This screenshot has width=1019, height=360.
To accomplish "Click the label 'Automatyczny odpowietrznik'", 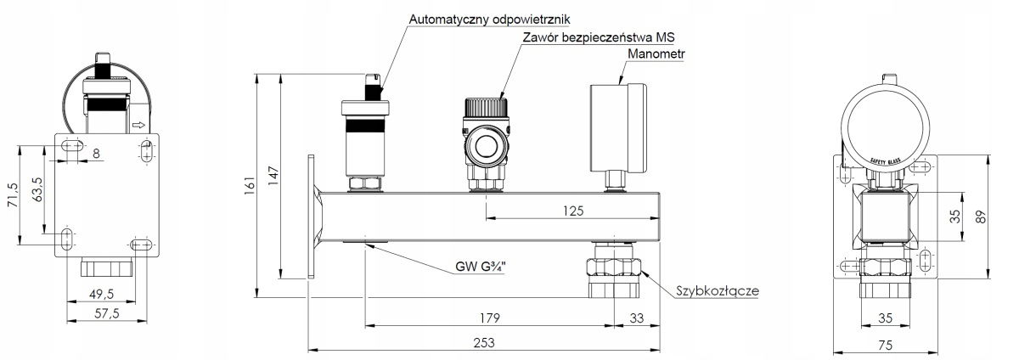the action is (x=489, y=20).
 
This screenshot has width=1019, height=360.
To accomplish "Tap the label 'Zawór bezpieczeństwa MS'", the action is (x=598, y=37).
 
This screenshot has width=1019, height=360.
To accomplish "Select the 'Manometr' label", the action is (x=656, y=53).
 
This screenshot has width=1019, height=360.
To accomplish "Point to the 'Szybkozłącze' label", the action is (x=718, y=291).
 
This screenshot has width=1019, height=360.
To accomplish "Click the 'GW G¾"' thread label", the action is (x=481, y=267).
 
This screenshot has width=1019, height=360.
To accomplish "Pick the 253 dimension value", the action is (x=483, y=342).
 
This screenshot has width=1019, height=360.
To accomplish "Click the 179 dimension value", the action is (x=489, y=318).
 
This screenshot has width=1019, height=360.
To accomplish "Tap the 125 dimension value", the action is (x=572, y=211).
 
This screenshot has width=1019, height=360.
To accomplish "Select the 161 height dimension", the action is (x=250, y=185).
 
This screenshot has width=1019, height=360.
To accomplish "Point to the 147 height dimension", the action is (x=273, y=176).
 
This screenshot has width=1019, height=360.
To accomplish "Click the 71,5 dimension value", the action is (x=14, y=195).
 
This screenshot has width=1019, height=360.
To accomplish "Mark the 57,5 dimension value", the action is (x=106, y=313).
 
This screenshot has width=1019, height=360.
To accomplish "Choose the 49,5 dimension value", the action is (x=101, y=294).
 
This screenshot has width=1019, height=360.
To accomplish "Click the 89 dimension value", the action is (x=981, y=217).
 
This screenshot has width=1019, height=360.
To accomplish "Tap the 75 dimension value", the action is (x=885, y=345).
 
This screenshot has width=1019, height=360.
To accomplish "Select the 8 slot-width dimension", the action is (x=96, y=154).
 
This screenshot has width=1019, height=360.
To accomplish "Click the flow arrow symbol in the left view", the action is (x=138, y=125).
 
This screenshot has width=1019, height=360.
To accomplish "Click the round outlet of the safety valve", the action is (x=487, y=146).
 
